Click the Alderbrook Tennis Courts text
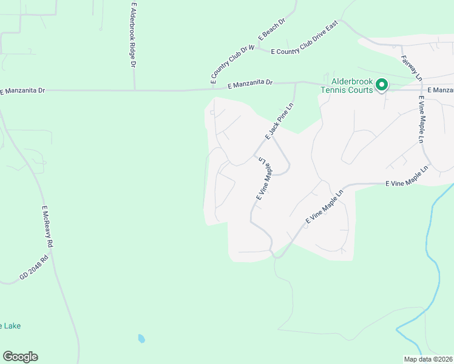tap(350, 86)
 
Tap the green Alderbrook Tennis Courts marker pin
tap(381, 85)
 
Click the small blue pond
tap(141, 339)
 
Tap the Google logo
tap(20, 357)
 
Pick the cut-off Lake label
tap(10, 326)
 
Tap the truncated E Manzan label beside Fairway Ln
tap(440, 90)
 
